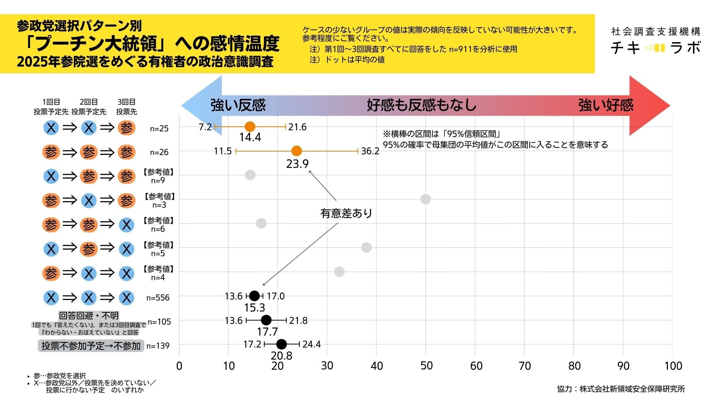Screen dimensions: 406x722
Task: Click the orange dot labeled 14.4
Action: coord(250,127)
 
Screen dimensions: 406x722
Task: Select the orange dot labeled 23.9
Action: coord(296,151)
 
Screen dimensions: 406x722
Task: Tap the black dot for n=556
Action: coord(255,296)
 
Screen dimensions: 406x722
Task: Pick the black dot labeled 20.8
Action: coord(281,344)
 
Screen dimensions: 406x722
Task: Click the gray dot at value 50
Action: coord(425,199)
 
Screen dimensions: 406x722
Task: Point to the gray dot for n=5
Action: coord(366,247)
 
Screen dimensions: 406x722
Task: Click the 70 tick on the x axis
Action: coord(525,366)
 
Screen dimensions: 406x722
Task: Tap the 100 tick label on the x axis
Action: coord(673,366)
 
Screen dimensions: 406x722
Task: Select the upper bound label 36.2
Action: coord(370,151)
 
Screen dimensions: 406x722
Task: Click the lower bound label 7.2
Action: coord(205,127)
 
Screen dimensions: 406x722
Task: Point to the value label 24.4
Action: coord(311,344)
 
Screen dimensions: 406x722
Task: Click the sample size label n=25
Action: coord(159,129)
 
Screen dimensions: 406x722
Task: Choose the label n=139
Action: coord(158,346)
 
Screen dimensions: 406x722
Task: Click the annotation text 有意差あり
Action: coord(346,214)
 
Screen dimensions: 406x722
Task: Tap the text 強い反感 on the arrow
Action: coord(238,105)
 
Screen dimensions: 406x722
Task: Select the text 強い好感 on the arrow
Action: coord(605,105)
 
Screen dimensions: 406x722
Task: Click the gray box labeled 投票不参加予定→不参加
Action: coord(91,346)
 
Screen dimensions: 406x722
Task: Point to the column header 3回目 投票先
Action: coord(126,107)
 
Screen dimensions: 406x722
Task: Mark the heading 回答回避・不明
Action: coord(89,316)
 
